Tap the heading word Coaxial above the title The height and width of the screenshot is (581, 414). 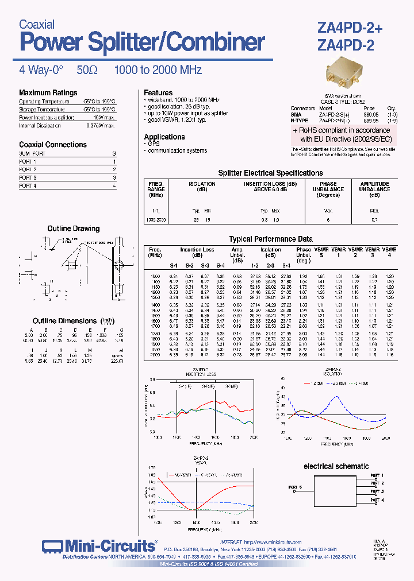click(37, 24)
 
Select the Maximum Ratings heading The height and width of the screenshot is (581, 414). click(48, 93)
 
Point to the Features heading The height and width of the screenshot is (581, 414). click(158, 92)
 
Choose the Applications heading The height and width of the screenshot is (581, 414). click(164, 137)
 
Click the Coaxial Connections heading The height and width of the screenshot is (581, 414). click(53, 145)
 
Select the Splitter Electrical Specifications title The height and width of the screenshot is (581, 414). click(270, 173)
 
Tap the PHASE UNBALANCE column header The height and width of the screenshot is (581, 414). click(328, 189)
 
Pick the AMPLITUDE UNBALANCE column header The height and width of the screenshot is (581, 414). click(374, 189)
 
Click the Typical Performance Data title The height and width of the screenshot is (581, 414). click(271, 239)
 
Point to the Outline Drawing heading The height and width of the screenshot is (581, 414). click(73, 228)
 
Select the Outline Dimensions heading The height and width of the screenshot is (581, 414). click(64, 321)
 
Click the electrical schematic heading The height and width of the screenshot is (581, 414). click(336, 466)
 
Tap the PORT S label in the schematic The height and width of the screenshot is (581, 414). click(296, 487)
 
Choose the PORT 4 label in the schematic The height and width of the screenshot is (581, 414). click(376, 500)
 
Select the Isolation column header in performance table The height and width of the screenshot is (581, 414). click(270, 250)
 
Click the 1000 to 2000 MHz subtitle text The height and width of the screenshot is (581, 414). click(158, 70)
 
